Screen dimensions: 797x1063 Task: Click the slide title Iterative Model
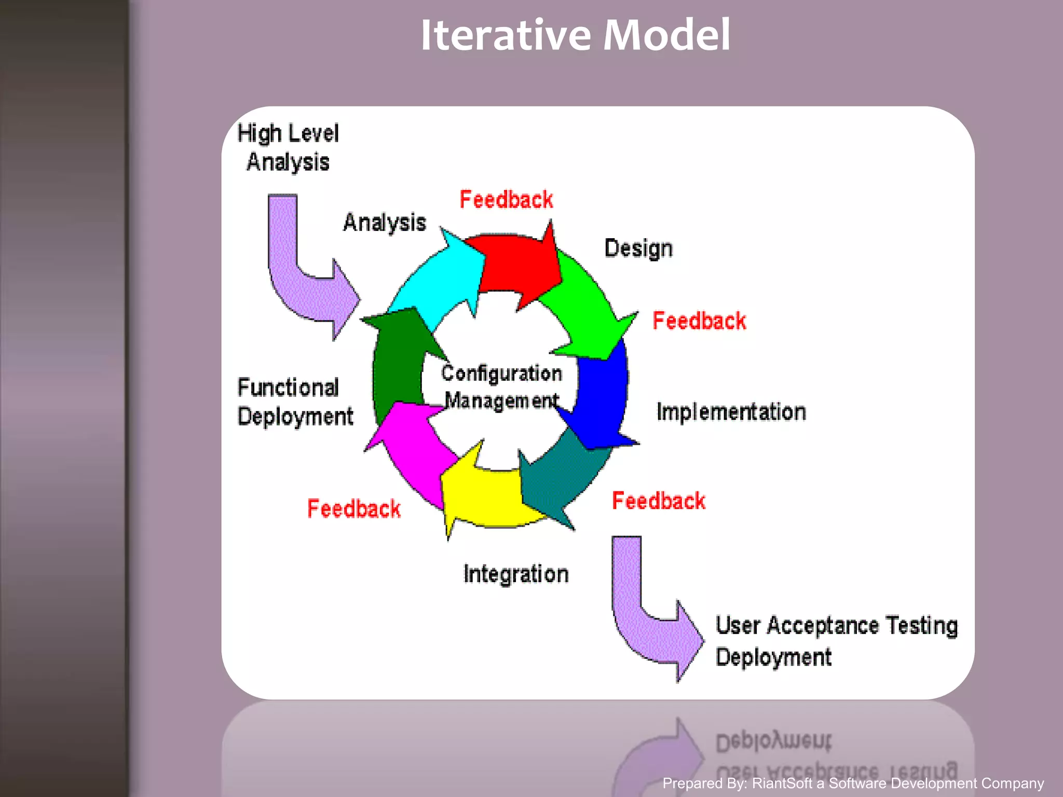point(575,35)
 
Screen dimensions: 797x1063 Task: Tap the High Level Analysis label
point(288,147)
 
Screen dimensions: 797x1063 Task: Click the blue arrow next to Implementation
point(602,400)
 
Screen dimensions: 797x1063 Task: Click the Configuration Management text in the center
point(501,387)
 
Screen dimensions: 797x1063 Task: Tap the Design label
point(638,248)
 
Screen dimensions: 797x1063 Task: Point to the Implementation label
point(731,411)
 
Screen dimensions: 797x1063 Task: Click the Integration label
point(516,574)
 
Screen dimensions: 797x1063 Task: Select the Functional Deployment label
point(295,402)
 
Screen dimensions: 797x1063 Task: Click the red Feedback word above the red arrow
point(506,200)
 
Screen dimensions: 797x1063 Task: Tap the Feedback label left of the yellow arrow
point(353,509)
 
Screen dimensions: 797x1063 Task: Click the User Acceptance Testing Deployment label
point(836,641)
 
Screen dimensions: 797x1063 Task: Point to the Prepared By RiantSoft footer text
point(853,783)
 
